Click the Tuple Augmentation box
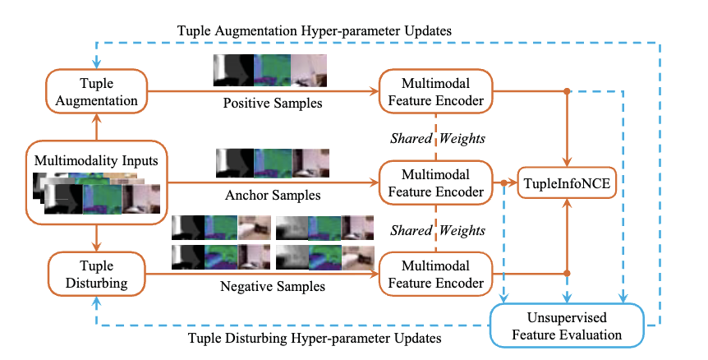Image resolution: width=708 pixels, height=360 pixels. tap(97, 91)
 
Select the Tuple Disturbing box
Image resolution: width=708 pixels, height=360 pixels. tap(97, 273)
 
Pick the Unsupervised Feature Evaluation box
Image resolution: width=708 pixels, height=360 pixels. tap(566, 326)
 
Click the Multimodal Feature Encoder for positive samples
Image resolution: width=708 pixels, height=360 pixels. tap(434, 91)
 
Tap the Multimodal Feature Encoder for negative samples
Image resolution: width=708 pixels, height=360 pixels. tap(434, 273)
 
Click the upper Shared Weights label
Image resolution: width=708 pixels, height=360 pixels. tap(436, 137)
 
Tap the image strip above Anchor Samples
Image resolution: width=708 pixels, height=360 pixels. tap(271, 164)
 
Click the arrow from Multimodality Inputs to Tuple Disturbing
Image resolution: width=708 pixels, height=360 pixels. tap(98, 237)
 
